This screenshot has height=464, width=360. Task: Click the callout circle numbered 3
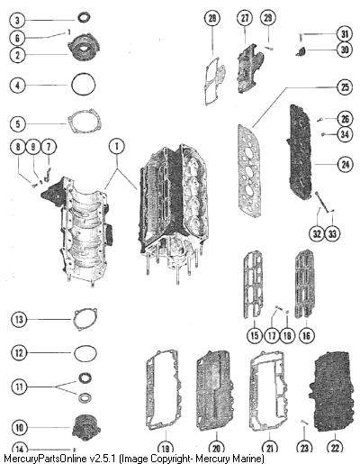click(17, 20)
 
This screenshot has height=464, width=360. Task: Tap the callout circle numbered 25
click(345, 87)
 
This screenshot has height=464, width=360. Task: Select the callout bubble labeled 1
click(117, 146)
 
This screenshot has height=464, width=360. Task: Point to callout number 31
click(345, 34)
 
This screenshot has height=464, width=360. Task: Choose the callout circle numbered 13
click(19, 319)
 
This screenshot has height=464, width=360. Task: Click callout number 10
click(19, 427)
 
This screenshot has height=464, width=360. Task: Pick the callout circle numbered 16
click(306, 335)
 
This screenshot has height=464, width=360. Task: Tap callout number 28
click(212, 18)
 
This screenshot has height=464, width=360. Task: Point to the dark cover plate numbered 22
click(331, 393)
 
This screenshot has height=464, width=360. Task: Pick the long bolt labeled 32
click(321, 201)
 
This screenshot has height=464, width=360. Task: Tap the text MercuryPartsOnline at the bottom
click(46, 459)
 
